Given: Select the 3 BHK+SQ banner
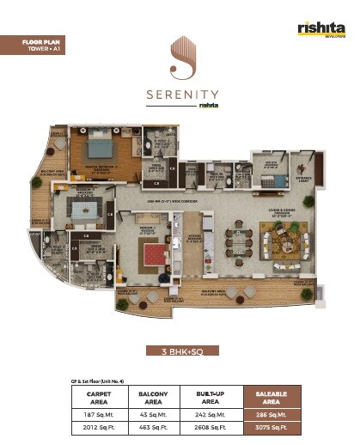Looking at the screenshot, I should (180, 351).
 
